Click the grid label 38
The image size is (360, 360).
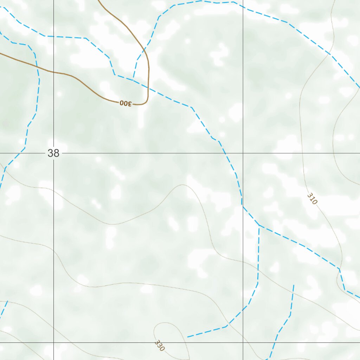coord(53,153)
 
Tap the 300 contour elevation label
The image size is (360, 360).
coord(126,103)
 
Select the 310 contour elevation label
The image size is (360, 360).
coord(312,199)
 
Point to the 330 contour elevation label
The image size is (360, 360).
coord(159,346)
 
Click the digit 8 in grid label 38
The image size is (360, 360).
coord(56,153)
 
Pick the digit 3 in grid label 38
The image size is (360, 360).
coord(51,153)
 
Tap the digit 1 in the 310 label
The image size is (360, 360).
coord(312,199)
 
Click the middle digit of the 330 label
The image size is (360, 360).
coord(159,346)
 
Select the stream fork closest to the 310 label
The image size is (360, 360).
coord(259,225)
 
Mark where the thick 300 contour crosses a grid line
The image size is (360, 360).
coord(53,72)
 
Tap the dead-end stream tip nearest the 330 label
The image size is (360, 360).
coord(188,337)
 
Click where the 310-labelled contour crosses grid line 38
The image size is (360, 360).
coord(303,153)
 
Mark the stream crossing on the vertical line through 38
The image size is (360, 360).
coord(53,36)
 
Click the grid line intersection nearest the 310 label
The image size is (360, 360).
coord(243,153)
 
